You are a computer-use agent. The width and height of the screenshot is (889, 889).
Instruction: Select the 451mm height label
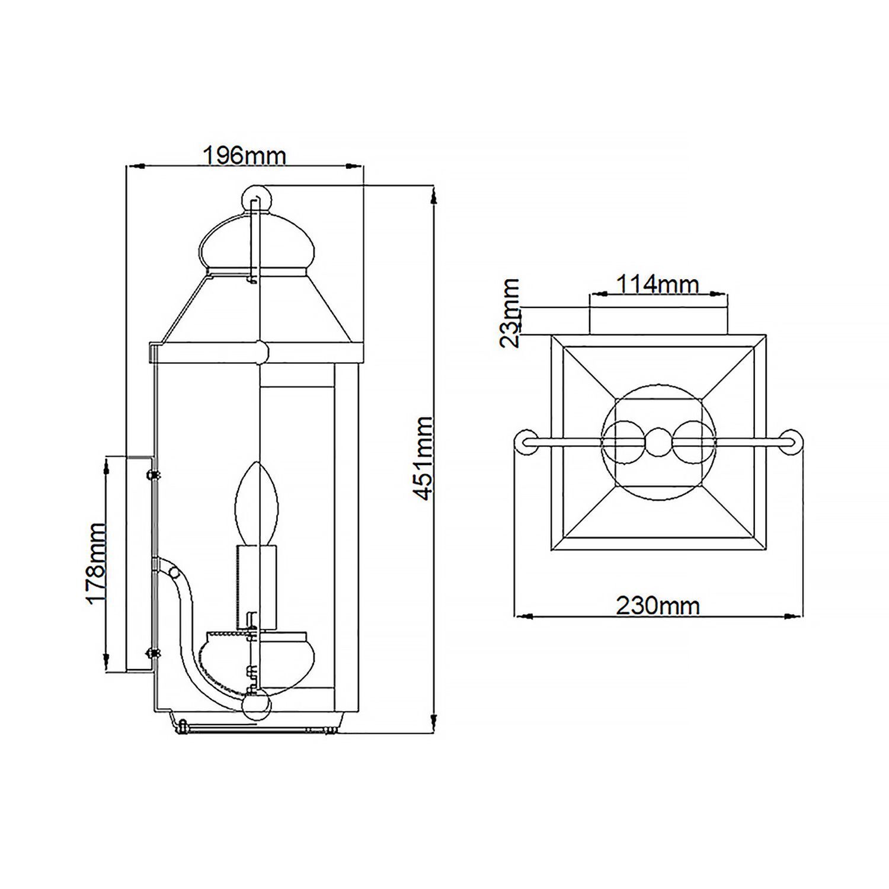pyautogui.click(x=423, y=458)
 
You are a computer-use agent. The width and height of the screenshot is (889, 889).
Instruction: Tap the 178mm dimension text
pyautogui.click(x=96, y=563)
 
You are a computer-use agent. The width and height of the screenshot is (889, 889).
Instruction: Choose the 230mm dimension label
pyautogui.click(x=658, y=606)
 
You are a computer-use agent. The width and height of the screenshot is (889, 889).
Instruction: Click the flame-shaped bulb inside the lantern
pyautogui.click(x=257, y=504)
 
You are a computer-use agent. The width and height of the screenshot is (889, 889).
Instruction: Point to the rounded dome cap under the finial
pyautogui.click(x=256, y=243)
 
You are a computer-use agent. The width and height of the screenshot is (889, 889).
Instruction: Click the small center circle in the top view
pyautogui.click(x=658, y=442)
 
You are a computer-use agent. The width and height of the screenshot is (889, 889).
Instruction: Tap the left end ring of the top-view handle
pyautogui.click(x=524, y=442)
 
